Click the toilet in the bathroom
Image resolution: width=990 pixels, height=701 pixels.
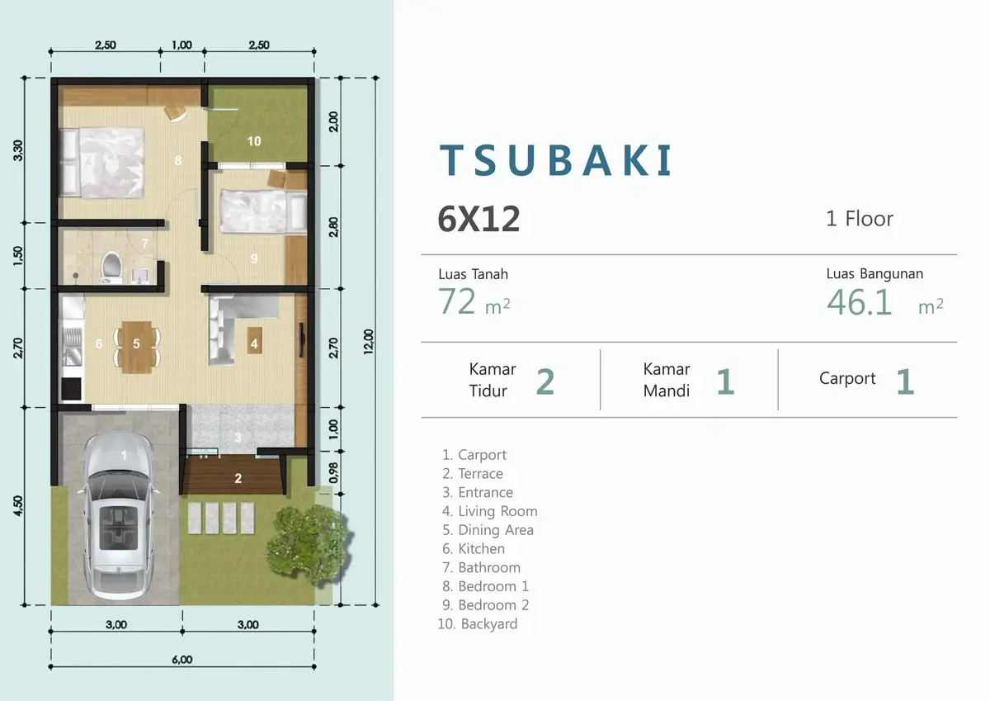(x=111, y=268)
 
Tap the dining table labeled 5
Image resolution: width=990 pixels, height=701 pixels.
(x=137, y=347)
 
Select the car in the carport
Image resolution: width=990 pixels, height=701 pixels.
(x=118, y=516)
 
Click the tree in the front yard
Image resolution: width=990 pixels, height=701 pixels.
(x=309, y=544)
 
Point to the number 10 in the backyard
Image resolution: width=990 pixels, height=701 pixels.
(x=254, y=141)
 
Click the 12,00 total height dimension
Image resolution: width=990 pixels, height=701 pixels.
(x=369, y=342)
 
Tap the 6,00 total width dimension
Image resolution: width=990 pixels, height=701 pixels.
(x=182, y=660)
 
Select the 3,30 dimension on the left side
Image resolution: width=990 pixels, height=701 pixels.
(x=17, y=150)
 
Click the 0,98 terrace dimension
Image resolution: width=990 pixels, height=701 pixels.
(x=333, y=472)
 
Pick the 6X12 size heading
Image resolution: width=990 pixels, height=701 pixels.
(x=478, y=219)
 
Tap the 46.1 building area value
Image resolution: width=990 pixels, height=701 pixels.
(x=859, y=303)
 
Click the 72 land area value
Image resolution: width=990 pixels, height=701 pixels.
(x=457, y=301)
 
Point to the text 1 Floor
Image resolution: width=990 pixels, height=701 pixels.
(x=860, y=219)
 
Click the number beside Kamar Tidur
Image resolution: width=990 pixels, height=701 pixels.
(x=545, y=381)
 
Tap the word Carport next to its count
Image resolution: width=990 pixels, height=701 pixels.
(x=847, y=378)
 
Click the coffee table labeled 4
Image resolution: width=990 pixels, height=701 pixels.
(x=254, y=340)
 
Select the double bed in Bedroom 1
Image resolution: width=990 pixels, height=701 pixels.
(x=102, y=163)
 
